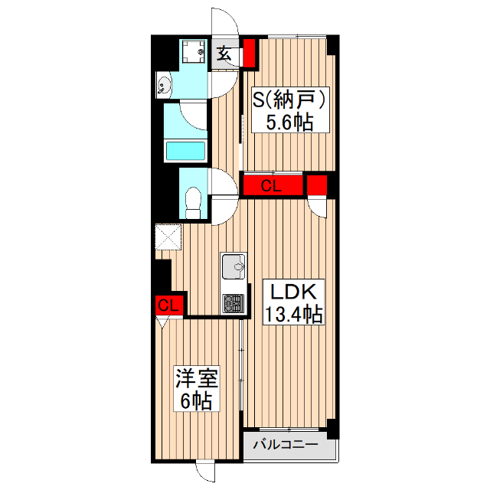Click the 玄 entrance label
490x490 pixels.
tap(225, 55)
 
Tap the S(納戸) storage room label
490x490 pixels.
tap(291, 100)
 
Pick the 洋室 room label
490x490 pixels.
tap(198, 378)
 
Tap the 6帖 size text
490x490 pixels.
tap(197, 400)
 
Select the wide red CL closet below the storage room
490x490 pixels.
tap(272, 185)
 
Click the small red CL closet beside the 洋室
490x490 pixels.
tap(168, 305)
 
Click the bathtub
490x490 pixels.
tap(186, 151)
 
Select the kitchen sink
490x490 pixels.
tap(234, 269)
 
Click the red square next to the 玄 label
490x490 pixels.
tap(249, 54)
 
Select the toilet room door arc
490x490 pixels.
tap(225, 201)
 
